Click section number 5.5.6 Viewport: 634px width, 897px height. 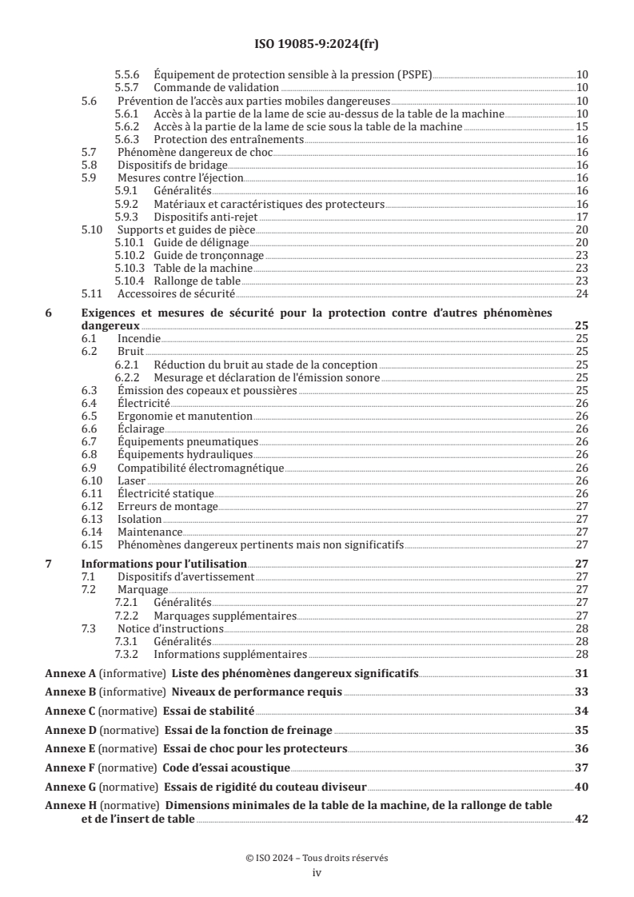[128, 74]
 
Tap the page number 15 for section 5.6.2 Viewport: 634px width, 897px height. [583, 126]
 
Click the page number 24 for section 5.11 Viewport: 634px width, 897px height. [583, 293]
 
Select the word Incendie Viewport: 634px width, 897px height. [138, 339]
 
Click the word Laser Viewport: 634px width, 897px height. [131, 480]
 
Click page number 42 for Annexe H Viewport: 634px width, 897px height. [583, 819]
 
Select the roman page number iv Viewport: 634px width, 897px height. [317, 873]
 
